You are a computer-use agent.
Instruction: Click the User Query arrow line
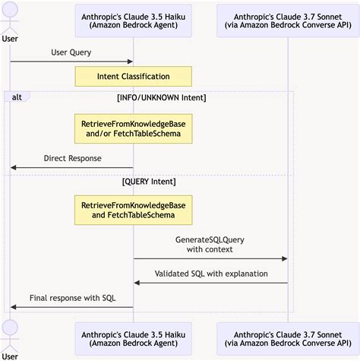coord(72,62)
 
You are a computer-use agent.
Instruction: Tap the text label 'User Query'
coord(72,52)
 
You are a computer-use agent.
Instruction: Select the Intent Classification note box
coord(133,77)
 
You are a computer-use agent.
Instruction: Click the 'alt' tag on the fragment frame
coord(17,97)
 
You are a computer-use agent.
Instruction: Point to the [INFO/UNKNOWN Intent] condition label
coord(162,97)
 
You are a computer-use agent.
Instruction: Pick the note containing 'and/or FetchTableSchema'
coord(133,128)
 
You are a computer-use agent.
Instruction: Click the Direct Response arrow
coord(72,168)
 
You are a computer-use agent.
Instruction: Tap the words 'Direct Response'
coord(72,159)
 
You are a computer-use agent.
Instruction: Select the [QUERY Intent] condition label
coord(149,182)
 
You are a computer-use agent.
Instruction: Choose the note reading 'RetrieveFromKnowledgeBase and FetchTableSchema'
coord(133,210)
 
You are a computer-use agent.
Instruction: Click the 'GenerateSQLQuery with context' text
coord(210,244)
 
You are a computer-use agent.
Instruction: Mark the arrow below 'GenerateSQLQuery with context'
coord(210,258)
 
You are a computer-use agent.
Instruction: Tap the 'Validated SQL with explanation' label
coord(210,273)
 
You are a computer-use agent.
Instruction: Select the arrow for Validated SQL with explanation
coord(210,283)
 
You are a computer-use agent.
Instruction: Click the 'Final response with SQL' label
coord(72,297)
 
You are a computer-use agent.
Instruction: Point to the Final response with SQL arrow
coord(72,307)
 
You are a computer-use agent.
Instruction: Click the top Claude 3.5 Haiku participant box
coord(133,21)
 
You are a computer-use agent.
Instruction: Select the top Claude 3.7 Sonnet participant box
coord(287,21)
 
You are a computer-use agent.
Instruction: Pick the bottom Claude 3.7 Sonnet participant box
coord(287,339)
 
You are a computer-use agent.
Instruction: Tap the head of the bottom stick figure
coord(11,328)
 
